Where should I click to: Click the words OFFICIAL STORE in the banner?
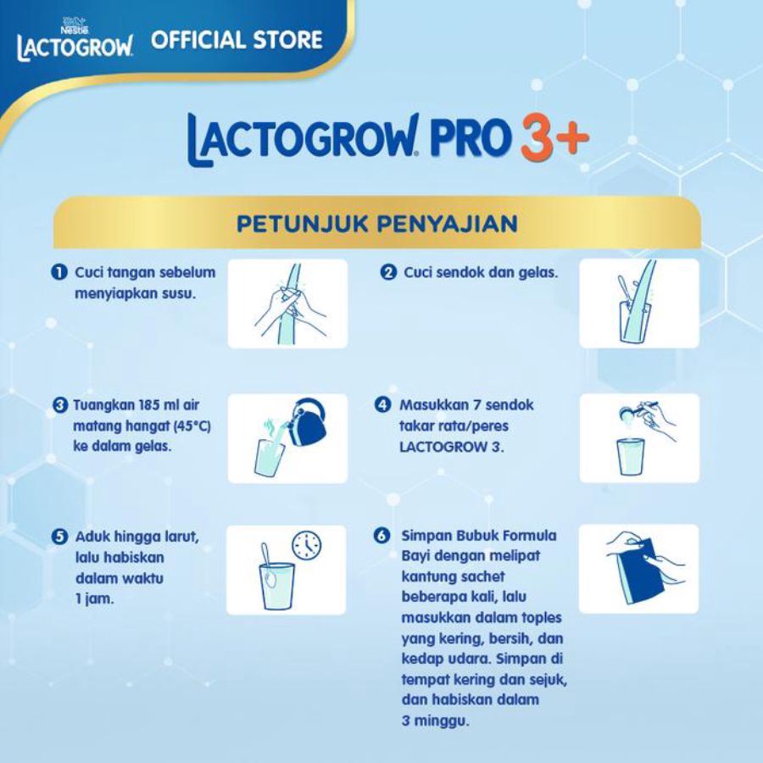(x=237, y=40)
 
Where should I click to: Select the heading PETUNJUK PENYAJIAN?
(x=377, y=224)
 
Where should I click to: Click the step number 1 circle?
(x=58, y=272)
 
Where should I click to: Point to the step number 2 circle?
(x=388, y=273)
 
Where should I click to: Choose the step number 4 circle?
(x=382, y=405)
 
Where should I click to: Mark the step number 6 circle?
(x=382, y=537)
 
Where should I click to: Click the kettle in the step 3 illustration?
(x=304, y=420)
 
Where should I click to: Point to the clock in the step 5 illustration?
(x=307, y=544)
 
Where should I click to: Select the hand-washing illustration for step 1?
(x=287, y=303)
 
